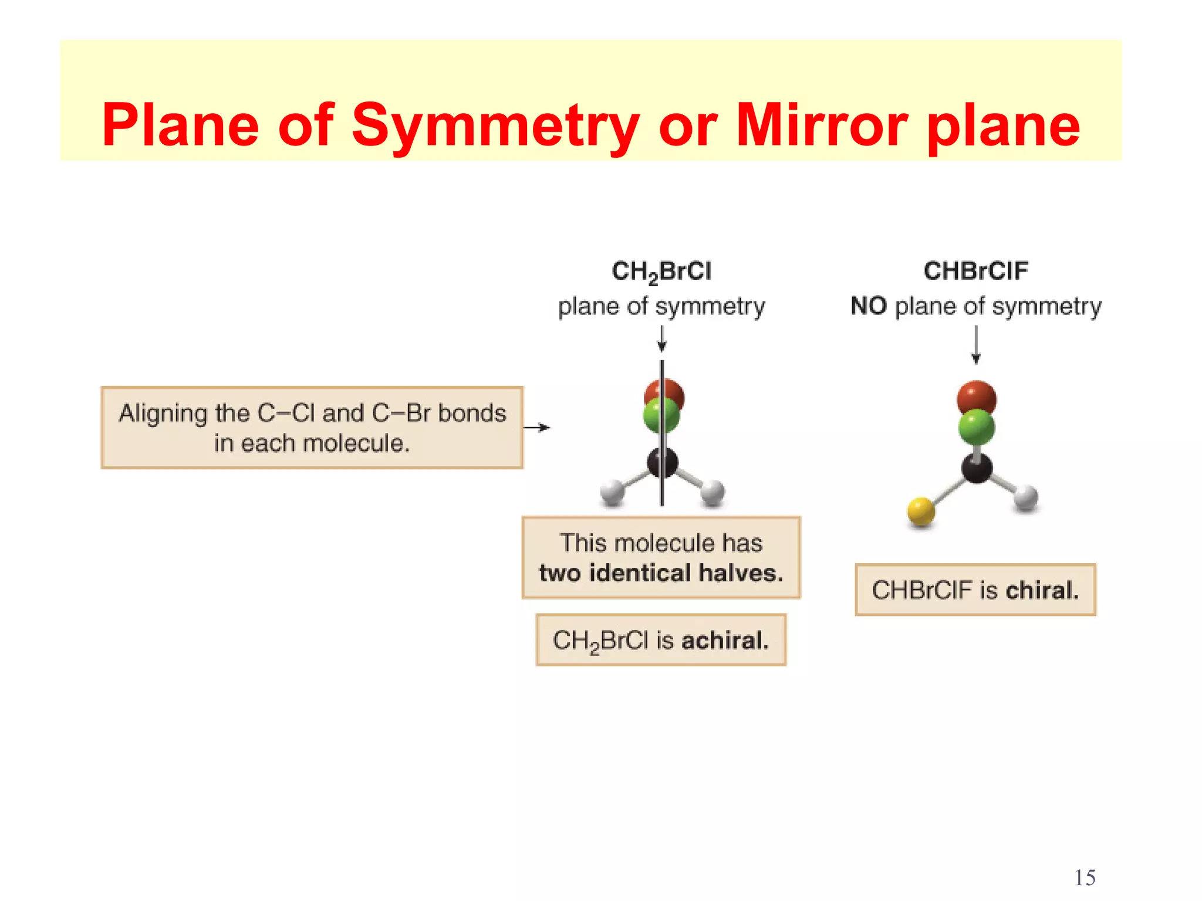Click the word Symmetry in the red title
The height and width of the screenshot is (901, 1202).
coord(495,124)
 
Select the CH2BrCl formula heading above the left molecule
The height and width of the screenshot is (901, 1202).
coord(661,272)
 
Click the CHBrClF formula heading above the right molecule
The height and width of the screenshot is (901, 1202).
coord(975,271)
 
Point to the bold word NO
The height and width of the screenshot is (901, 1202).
coord(868,306)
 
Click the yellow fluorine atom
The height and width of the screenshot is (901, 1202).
coord(921,511)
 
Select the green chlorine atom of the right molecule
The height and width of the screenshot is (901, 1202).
coord(976,427)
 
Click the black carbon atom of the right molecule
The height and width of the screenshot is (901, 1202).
coord(977,469)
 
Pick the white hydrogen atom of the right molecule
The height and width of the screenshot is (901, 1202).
coord(1027,498)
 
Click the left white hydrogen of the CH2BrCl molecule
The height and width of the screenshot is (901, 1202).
coord(612,492)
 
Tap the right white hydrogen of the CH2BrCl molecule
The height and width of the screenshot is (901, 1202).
coord(713,492)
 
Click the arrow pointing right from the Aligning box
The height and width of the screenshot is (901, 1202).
coord(536,428)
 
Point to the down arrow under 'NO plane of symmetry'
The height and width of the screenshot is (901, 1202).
coord(976,346)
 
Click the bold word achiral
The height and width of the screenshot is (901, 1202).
coord(725,641)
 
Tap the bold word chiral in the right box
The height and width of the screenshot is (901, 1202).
coord(1042,590)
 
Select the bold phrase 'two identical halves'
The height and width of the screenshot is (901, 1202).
coord(661,573)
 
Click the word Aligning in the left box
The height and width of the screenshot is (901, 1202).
coord(163,414)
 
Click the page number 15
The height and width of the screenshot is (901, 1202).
coord(1085,878)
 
